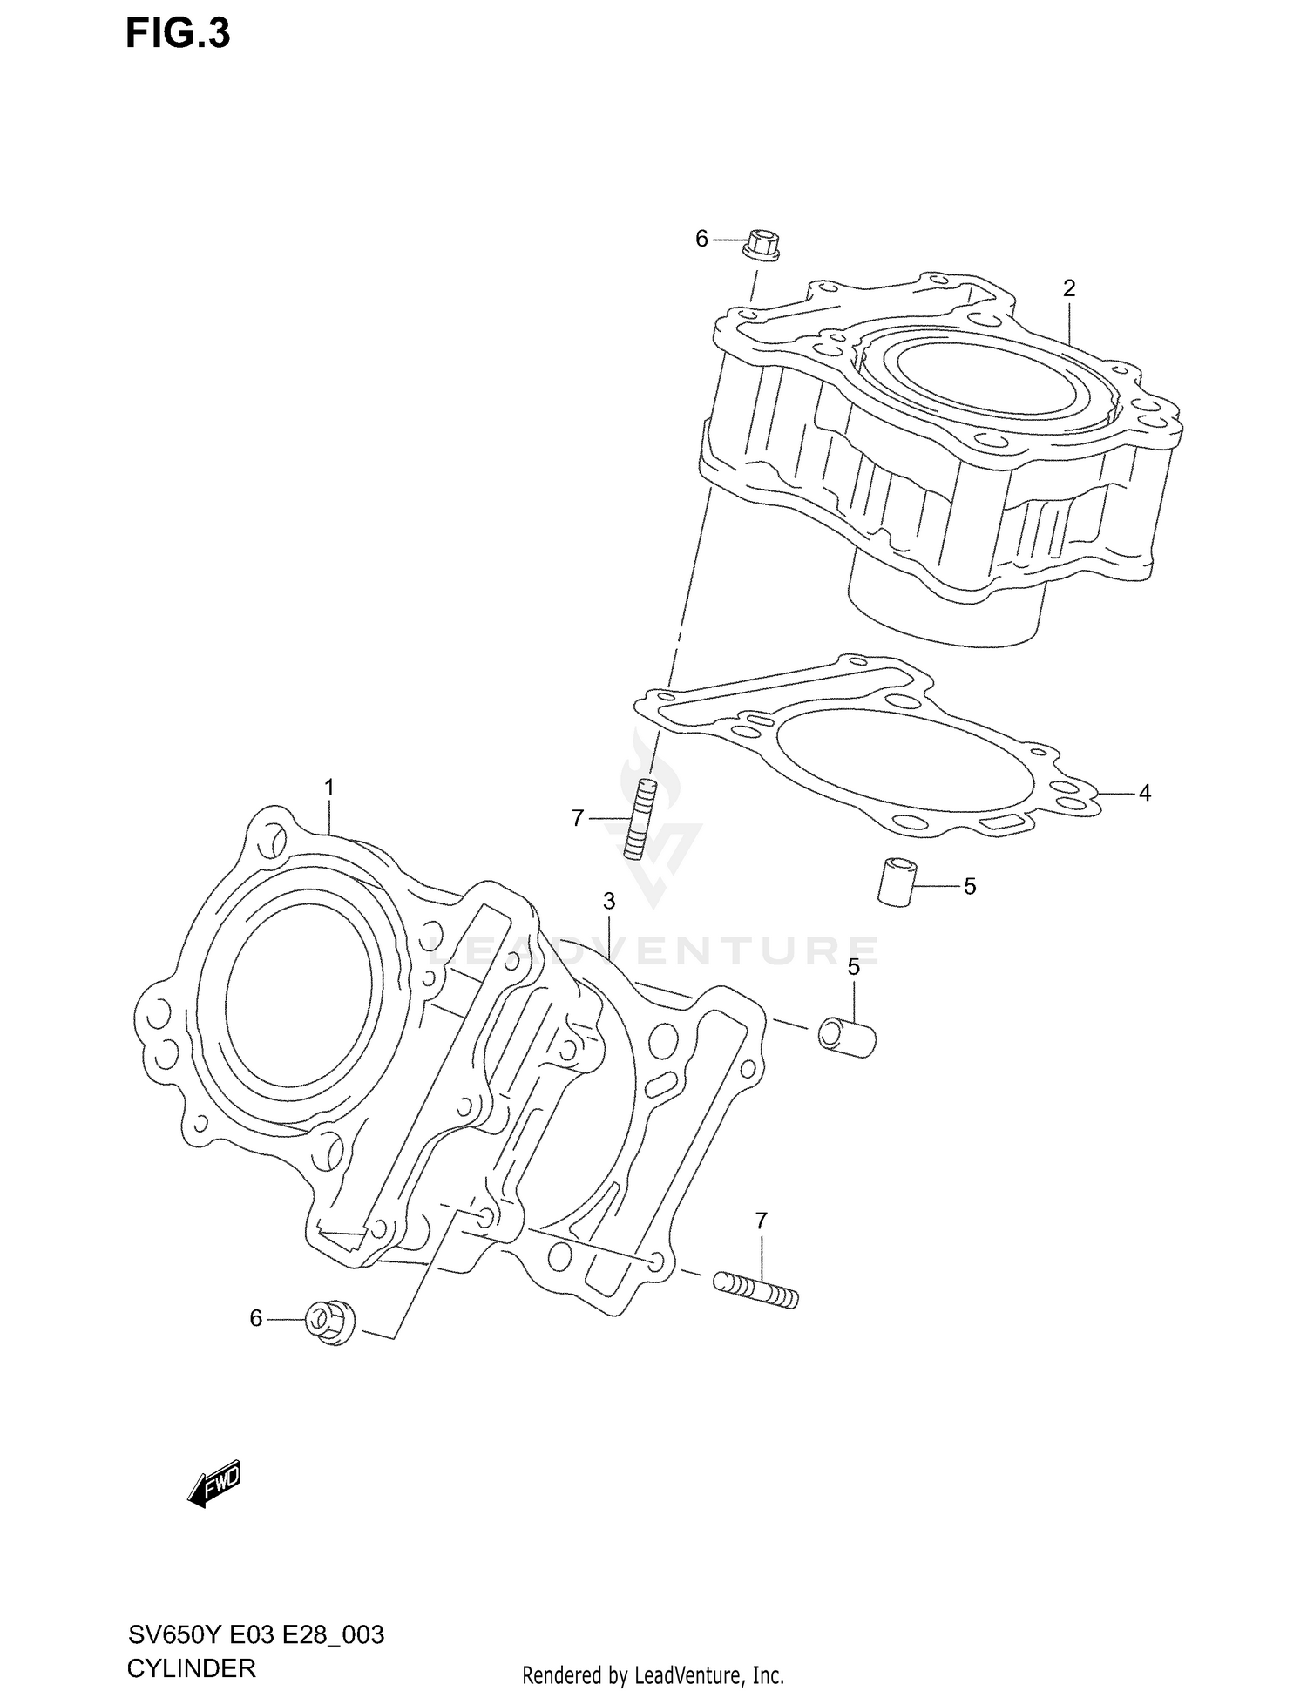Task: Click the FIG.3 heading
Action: [x=178, y=33]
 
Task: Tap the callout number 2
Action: [x=1069, y=288]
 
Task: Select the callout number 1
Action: [x=329, y=788]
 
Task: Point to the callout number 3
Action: [x=609, y=901]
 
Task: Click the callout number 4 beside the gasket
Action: [x=1145, y=793]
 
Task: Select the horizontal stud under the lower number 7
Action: [x=755, y=1290]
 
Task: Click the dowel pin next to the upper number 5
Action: [x=895, y=881]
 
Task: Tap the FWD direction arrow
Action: [x=213, y=1484]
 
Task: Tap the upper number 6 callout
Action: [x=701, y=239]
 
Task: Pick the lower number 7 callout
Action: [x=761, y=1221]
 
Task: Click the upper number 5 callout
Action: [x=970, y=887]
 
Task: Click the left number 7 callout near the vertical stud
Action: [x=577, y=818]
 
